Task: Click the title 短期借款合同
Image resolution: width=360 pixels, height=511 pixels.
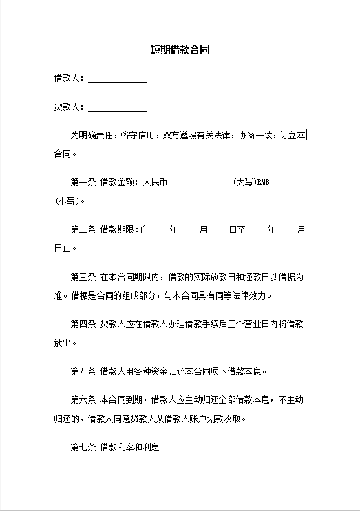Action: coord(180,50)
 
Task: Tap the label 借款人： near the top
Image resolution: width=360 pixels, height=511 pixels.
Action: coord(69,79)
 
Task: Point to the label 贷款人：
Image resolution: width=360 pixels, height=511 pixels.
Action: coord(69,107)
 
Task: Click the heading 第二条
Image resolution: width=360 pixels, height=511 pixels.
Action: coord(83,229)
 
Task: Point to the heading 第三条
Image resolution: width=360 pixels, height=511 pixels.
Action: coord(83,278)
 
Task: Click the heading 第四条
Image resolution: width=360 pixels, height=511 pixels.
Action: coord(83,324)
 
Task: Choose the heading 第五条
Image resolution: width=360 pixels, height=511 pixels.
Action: coord(83,372)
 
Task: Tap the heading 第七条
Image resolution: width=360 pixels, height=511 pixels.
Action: coord(83,447)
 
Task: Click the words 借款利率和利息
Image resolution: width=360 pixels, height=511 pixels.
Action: coord(130,447)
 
